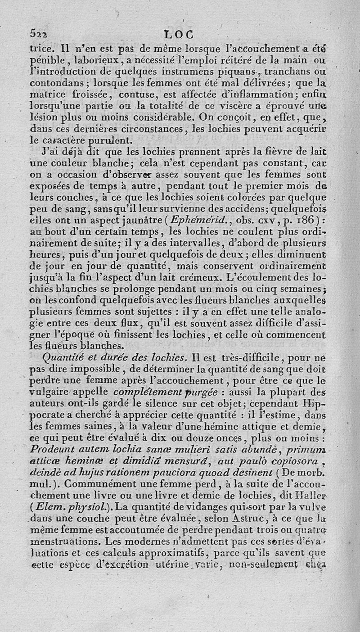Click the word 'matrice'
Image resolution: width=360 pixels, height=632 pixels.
tap(47, 94)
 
